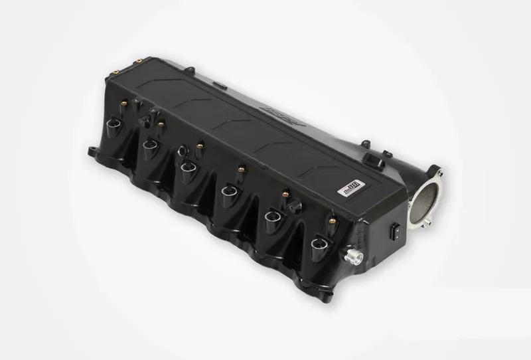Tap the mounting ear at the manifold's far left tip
tap(91, 150)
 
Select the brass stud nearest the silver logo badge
tap(330, 217)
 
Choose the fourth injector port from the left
tap(228, 194)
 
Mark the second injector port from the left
tap(150, 144)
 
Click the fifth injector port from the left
tap(273, 219)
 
